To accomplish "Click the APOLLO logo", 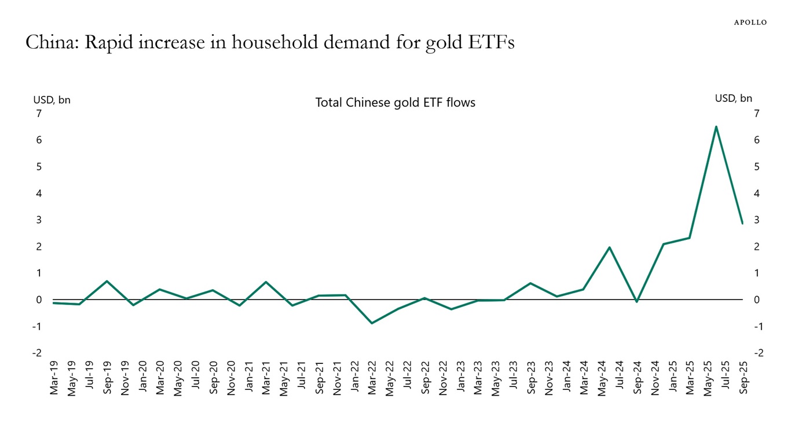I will (x=750, y=23).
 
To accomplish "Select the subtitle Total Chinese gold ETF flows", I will (x=395, y=103).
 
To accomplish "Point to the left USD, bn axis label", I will (x=52, y=100).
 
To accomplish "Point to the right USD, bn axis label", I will (x=733, y=99).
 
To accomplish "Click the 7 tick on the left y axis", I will (x=39, y=114).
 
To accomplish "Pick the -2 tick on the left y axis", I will (x=36, y=353).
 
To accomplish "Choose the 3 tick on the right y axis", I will (x=756, y=220).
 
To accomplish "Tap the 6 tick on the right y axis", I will (x=756, y=140).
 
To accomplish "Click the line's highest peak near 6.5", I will (x=716, y=127).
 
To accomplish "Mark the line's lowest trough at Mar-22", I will (x=372, y=323).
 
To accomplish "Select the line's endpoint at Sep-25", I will (x=742, y=223).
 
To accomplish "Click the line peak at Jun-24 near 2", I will (x=610, y=247).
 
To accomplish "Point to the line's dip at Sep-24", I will (x=636, y=301).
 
